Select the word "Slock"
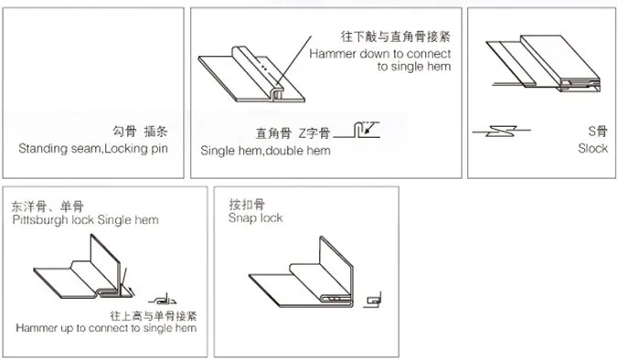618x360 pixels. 592,149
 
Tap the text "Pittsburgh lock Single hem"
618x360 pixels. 86,220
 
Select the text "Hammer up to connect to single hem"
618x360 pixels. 106,327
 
